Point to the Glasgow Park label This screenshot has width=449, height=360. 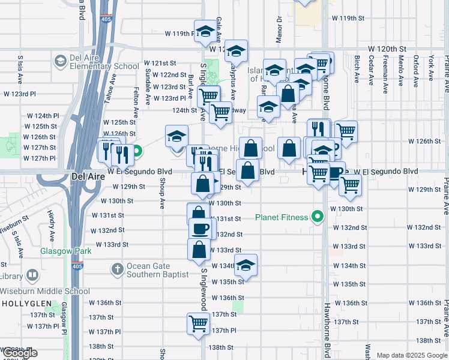pyautogui.click(x=66, y=251)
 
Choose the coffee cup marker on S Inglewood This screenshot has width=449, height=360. pyautogui.click(x=200, y=228)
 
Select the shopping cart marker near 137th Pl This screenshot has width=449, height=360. pyautogui.click(x=198, y=323)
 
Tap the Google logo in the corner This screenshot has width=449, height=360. pyautogui.click(x=19, y=353)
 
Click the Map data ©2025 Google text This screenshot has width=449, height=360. pyautogui.click(x=412, y=355)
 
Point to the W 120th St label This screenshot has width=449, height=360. pyautogui.click(x=387, y=48)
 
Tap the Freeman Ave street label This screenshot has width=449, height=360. pyautogui.click(x=385, y=68)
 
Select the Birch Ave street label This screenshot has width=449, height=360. pyautogui.click(x=357, y=68)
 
